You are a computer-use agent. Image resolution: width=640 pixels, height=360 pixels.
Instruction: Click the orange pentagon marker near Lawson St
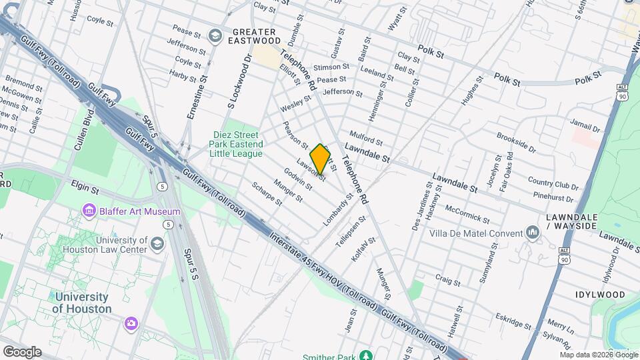coord(321,159)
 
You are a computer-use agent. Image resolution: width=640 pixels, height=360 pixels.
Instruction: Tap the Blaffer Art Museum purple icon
coord(89,211)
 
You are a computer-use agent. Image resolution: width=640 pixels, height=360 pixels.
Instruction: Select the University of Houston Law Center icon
coord(157,243)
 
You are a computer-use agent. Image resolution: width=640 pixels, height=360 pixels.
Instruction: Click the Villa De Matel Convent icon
coord(532,232)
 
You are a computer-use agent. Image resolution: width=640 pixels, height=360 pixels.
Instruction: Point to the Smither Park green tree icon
coord(365,356)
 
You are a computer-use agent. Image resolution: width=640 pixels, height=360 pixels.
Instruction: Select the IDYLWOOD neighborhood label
coord(600,295)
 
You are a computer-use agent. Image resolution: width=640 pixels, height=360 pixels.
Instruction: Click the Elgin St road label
coord(85,190)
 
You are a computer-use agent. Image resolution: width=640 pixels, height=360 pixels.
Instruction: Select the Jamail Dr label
coord(585,124)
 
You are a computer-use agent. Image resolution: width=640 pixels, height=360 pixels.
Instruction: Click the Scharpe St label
coord(267,193)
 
